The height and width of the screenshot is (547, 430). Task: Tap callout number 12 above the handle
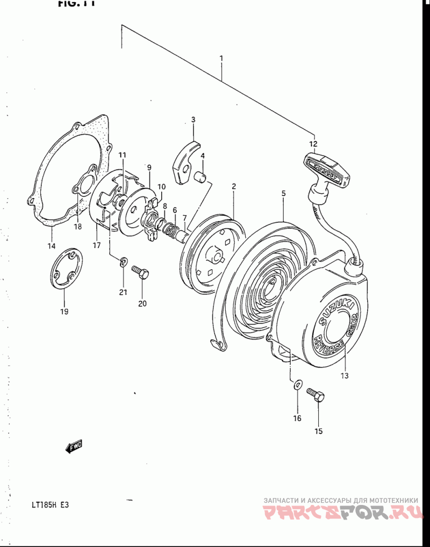pos(313,144)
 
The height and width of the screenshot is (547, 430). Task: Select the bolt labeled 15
pos(316,395)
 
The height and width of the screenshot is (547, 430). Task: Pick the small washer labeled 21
pos(123,262)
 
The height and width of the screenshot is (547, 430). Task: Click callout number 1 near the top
pos(221,58)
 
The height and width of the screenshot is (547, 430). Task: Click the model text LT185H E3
pos(50,505)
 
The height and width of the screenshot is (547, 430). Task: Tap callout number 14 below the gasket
pos(51,246)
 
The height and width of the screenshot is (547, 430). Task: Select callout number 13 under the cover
pos(344,375)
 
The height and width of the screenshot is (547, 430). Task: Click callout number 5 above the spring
pos(283,192)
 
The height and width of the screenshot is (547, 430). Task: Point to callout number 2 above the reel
pos(234,186)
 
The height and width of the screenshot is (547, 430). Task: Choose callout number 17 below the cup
pos(97,246)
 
